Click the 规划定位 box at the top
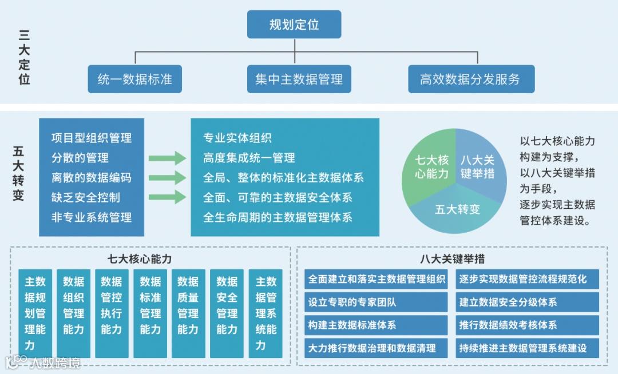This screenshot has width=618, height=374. (x=294, y=25)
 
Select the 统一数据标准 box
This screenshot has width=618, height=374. (x=135, y=79)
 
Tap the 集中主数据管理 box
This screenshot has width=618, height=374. (x=299, y=79)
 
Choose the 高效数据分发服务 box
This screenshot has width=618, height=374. (x=471, y=79)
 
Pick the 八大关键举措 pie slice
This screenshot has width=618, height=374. (x=478, y=166)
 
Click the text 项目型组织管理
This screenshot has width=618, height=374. (x=92, y=138)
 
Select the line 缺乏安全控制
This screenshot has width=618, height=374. (x=86, y=197)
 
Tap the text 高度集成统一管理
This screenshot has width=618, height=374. (x=249, y=158)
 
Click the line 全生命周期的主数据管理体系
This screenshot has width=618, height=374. (x=278, y=217)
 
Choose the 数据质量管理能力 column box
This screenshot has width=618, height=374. (x=188, y=313)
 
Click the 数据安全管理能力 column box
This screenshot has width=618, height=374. (x=227, y=313)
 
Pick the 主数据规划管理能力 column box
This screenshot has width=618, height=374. (x=35, y=313)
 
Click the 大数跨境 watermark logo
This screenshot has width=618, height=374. (x=43, y=363)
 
